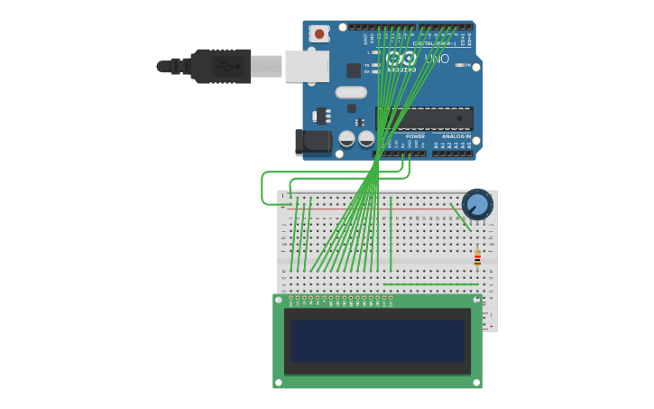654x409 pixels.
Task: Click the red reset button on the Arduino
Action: [x=318, y=33]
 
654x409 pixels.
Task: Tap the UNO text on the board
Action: [x=437, y=59]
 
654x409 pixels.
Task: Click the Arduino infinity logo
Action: [x=401, y=58]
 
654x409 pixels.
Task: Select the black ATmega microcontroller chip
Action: [x=424, y=118]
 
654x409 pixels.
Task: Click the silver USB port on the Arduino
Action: [x=307, y=66]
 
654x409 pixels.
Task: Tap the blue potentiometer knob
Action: [x=477, y=205]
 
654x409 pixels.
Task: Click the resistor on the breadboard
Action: [x=477, y=259]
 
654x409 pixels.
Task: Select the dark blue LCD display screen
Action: [x=377, y=341]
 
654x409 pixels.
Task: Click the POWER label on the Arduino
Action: [x=415, y=136]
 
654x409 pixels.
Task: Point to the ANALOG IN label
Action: [x=456, y=136]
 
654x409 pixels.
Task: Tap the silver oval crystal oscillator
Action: [x=351, y=92]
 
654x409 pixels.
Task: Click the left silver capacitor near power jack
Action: [x=346, y=139]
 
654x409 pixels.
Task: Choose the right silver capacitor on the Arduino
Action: [x=366, y=139]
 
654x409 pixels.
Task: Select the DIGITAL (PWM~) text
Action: [x=429, y=42]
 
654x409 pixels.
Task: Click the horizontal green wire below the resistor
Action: [x=428, y=284]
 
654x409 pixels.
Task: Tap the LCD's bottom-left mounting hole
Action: [x=279, y=383]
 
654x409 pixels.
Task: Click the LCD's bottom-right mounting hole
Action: [x=476, y=383]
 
